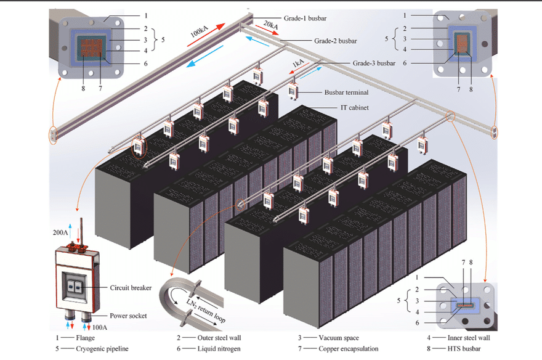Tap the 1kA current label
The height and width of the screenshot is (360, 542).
[299, 64]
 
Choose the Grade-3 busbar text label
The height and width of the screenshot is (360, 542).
[374, 63]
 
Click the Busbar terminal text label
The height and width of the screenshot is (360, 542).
[346, 92]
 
